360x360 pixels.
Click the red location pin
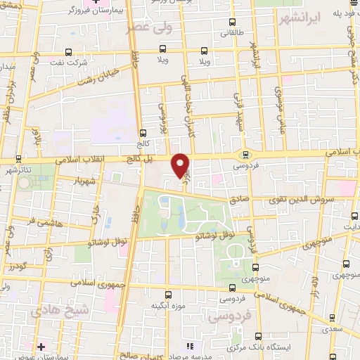[x=181, y=165]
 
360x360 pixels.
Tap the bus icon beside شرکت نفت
[x=68, y=51]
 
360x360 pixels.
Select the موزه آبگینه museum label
[x=167, y=307]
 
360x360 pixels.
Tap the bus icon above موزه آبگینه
[x=167, y=295]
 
